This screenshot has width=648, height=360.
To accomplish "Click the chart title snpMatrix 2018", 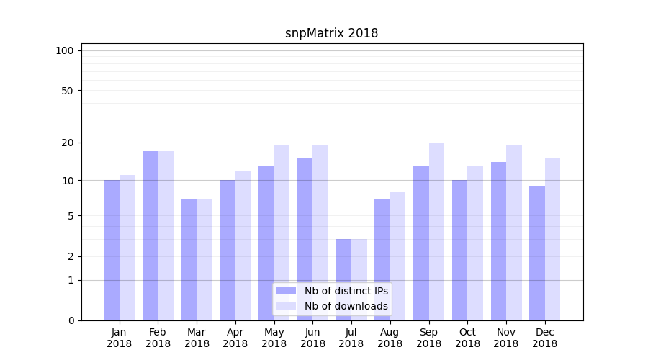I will click(331, 33).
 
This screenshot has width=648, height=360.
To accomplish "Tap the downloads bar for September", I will click(436, 231).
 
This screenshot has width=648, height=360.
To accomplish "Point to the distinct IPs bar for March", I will click(189, 259).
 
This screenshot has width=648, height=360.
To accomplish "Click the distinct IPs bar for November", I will click(498, 241).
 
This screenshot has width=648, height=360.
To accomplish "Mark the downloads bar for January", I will click(127, 248).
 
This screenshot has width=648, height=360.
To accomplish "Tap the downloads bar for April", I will click(243, 246).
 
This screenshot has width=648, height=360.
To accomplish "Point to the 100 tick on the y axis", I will click(65, 50).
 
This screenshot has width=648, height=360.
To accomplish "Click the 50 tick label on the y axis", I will click(68, 91).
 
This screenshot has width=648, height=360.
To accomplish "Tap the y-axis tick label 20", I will click(68, 143).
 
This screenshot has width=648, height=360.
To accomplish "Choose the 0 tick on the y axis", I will click(71, 320).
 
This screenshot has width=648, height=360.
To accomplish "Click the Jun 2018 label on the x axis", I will click(312, 338).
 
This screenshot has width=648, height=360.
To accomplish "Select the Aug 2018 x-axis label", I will click(390, 338).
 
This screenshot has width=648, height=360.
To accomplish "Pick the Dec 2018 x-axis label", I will click(545, 338).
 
